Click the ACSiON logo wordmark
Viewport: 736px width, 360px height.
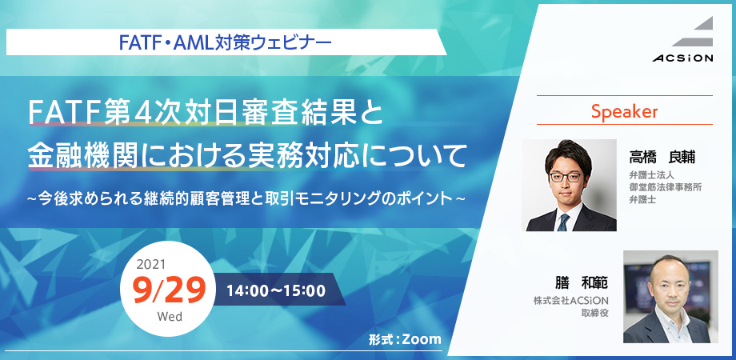point(682,58)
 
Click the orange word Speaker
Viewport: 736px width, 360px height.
point(624,111)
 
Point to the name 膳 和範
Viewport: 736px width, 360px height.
point(581,282)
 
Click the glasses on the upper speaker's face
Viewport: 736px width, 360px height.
point(566,177)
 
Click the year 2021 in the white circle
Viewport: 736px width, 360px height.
point(151,265)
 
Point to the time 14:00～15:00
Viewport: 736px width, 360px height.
point(276,290)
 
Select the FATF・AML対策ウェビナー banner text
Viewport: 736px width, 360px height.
point(226,43)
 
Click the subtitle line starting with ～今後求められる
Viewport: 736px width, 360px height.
point(246,198)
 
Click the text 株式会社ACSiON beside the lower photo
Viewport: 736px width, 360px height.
point(570,301)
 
